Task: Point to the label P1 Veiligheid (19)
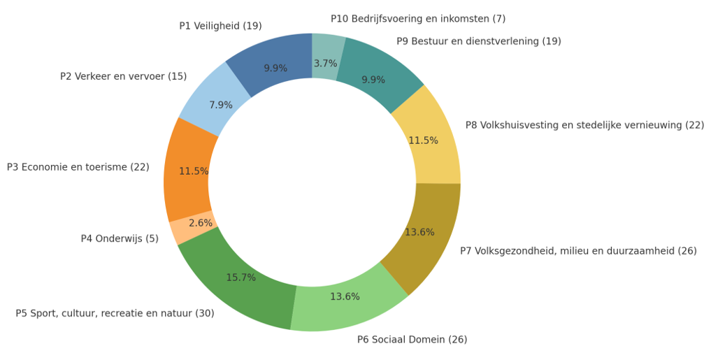(220, 26)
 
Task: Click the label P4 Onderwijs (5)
(120, 238)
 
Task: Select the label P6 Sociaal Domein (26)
(412, 340)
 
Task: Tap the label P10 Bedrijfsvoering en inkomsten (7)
(418, 19)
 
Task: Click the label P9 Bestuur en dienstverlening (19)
(478, 41)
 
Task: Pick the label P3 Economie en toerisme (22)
(78, 167)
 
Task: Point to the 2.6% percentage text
(201, 223)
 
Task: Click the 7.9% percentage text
(221, 106)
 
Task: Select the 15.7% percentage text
(240, 278)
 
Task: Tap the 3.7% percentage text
(325, 64)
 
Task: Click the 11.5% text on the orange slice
(194, 171)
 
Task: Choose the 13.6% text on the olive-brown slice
(419, 232)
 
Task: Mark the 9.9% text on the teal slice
(373, 80)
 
